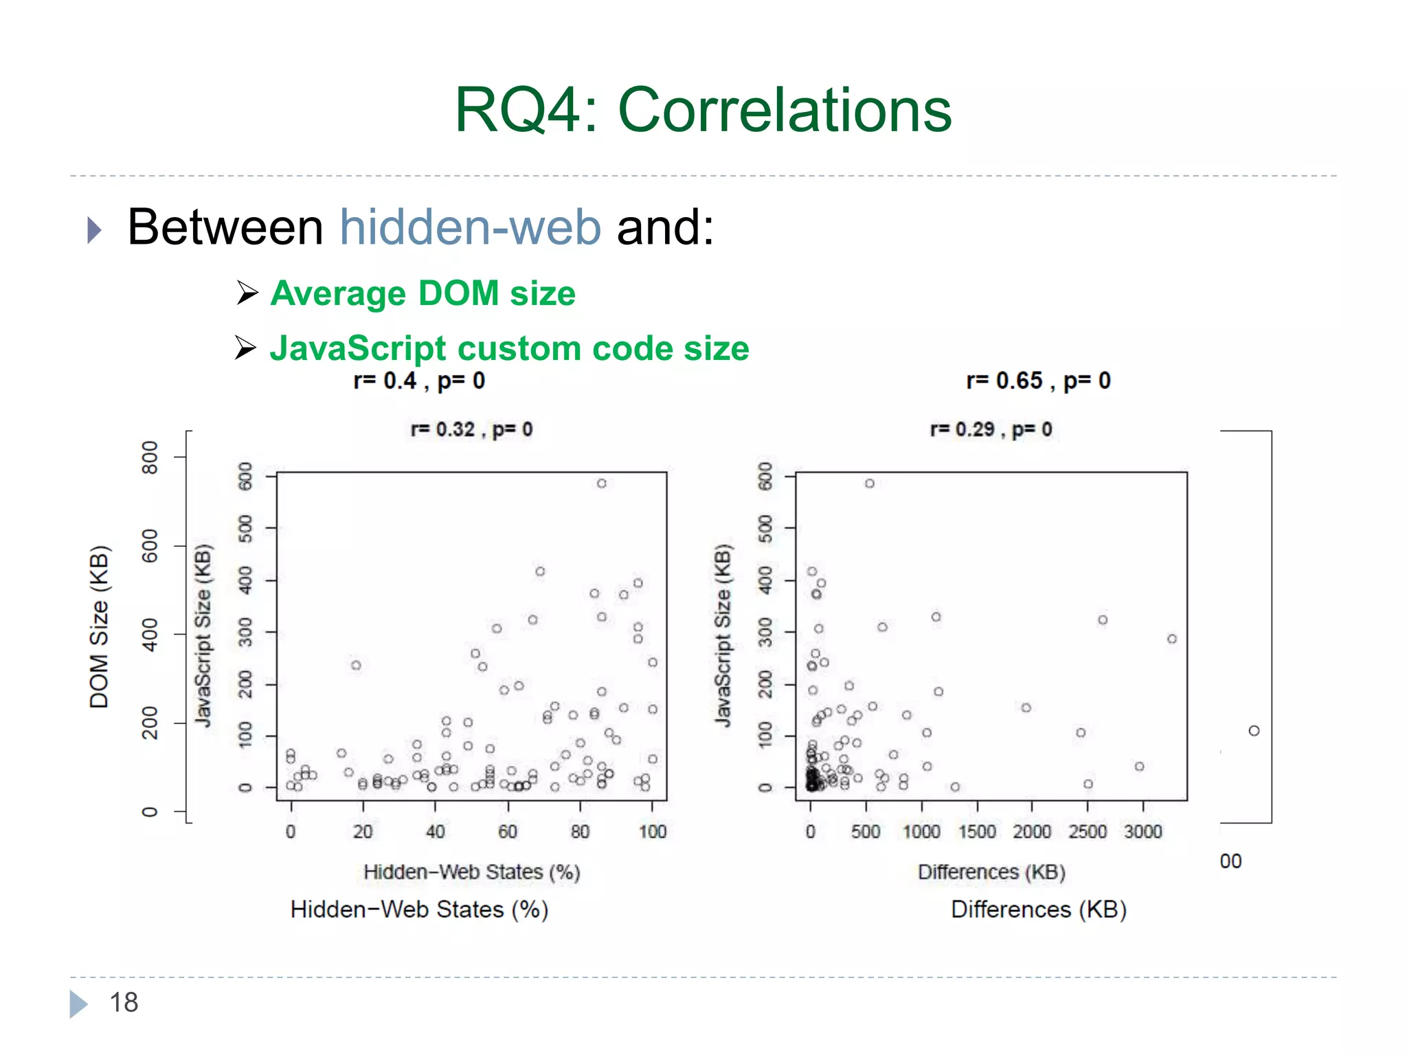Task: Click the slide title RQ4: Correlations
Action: click(x=703, y=110)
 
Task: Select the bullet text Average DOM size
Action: click(x=423, y=293)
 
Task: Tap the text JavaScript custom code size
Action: click(x=509, y=348)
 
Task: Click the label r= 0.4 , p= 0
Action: click(x=419, y=381)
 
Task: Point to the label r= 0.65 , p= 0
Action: click(x=1038, y=381)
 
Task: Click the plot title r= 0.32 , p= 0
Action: click(x=471, y=430)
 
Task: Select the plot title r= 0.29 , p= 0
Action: click(x=991, y=430)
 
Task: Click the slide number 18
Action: click(x=124, y=1002)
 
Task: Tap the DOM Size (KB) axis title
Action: click(x=100, y=626)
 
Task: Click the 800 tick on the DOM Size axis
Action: click(x=150, y=457)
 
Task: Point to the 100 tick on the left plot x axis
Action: click(x=652, y=832)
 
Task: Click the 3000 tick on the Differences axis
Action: click(x=1143, y=832)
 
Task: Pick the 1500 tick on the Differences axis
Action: click(x=977, y=832)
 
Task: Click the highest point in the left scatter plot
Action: click(x=602, y=484)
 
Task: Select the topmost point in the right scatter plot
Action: click(x=870, y=484)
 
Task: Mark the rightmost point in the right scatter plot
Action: click(x=1172, y=639)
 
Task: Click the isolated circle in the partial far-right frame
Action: click(x=1254, y=731)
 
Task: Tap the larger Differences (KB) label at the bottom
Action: click(x=1038, y=909)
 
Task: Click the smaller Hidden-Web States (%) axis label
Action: click(x=471, y=872)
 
